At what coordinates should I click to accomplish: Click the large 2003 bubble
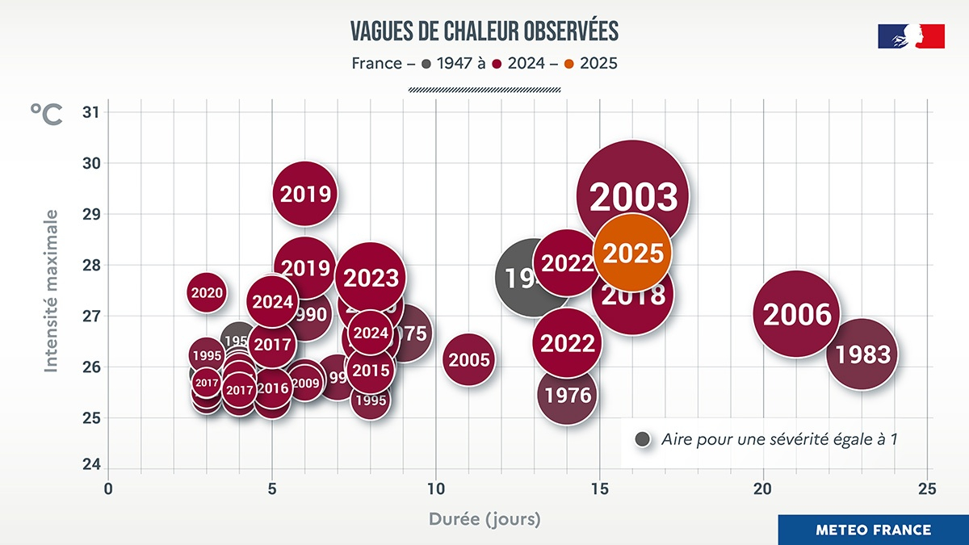632,196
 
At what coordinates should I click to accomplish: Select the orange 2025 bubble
633,253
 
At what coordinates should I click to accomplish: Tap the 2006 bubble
797,313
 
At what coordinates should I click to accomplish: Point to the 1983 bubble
862,354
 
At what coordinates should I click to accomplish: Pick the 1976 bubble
568,395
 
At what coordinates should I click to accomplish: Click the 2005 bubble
469,359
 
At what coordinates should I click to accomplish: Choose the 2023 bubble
371,277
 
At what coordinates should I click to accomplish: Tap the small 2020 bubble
207,292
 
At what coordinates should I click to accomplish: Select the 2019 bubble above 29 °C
304,194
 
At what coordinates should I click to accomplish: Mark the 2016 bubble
272,388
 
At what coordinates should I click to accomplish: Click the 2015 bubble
371,370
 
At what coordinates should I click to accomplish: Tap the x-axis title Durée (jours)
484,518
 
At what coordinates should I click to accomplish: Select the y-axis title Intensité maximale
51,291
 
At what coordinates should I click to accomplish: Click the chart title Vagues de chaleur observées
484,31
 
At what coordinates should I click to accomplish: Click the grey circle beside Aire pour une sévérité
644,439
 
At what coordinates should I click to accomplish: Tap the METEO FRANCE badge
873,530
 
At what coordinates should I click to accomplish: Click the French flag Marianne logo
911,36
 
